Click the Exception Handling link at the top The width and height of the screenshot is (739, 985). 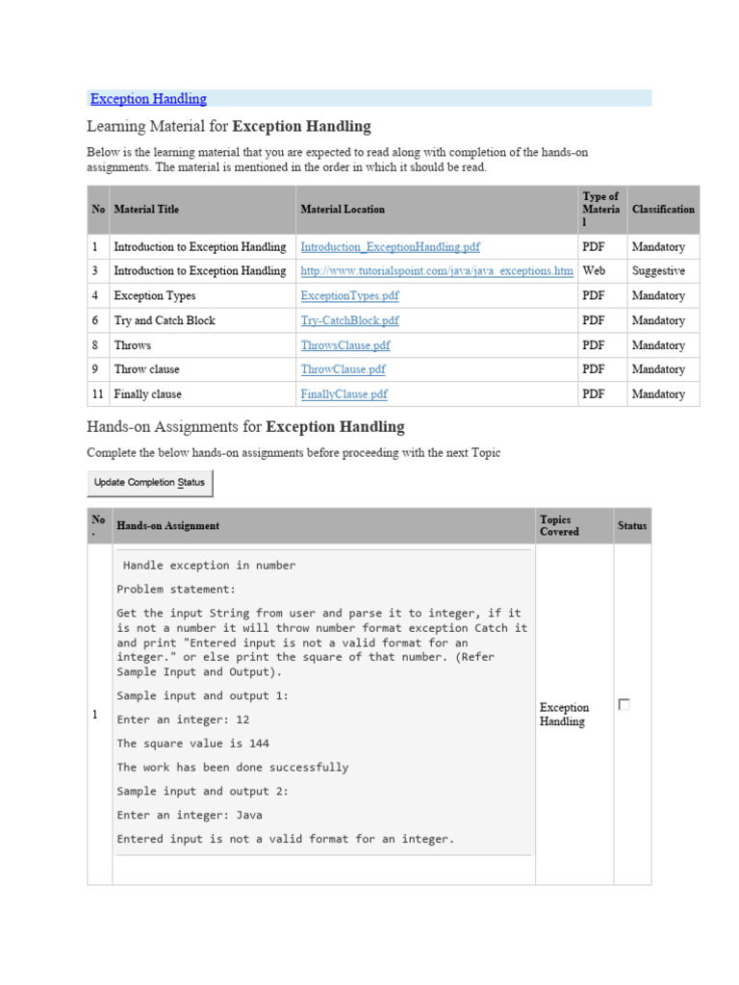pos(148,99)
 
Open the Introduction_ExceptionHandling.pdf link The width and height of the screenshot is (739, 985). pos(390,247)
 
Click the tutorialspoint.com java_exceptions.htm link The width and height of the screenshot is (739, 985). pos(437,271)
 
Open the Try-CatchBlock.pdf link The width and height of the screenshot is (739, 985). pos(349,320)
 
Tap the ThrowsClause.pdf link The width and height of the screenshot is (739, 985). pos(345,345)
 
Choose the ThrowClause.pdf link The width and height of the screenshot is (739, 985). pos(343,369)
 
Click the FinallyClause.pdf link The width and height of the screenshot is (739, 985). pos(344,394)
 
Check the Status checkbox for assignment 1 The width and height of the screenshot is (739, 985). pos(624,705)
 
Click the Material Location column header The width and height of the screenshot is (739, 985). pos(343,210)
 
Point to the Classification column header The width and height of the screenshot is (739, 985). pos(663,210)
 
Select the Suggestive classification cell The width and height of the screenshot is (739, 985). pos(658,271)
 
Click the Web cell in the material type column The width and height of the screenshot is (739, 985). pos(594,271)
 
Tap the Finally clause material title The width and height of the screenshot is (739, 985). pos(147,394)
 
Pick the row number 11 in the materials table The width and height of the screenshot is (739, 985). pos(96,394)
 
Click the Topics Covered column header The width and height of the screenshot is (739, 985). pos(560,526)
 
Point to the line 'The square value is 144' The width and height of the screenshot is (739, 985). pos(192,744)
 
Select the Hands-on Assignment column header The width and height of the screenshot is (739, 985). pos(167,526)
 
